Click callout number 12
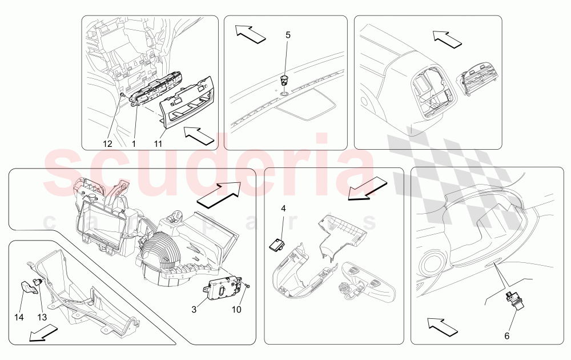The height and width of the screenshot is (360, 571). [x=108, y=144]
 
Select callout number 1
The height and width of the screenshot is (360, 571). [x=134, y=144]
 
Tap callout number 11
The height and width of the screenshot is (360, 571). [x=158, y=144]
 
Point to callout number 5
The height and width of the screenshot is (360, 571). [x=288, y=35]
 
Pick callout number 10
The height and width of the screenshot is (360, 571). [x=236, y=309]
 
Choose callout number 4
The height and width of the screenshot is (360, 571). [x=283, y=209]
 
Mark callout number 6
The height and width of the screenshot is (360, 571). [x=506, y=336]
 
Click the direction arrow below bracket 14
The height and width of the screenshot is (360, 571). [x=43, y=333]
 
